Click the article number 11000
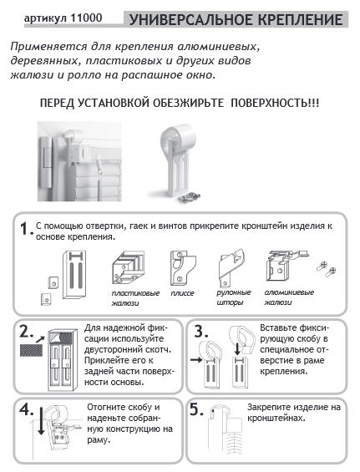click(86, 18)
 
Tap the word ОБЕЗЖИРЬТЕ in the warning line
click(188, 103)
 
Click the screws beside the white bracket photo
click(189, 198)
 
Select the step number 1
click(26, 229)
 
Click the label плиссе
click(182, 293)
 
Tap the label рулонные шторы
click(234, 297)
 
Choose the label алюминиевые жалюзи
click(289, 297)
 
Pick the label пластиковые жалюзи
click(135, 298)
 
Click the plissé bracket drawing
click(182, 268)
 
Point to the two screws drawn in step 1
click(327, 269)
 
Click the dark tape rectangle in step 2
click(31, 350)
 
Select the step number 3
click(201, 332)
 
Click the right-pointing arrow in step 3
click(196, 359)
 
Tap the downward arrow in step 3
click(238, 349)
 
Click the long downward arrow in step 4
click(41, 420)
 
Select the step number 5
click(196, 409)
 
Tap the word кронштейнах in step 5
click(276, 419)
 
